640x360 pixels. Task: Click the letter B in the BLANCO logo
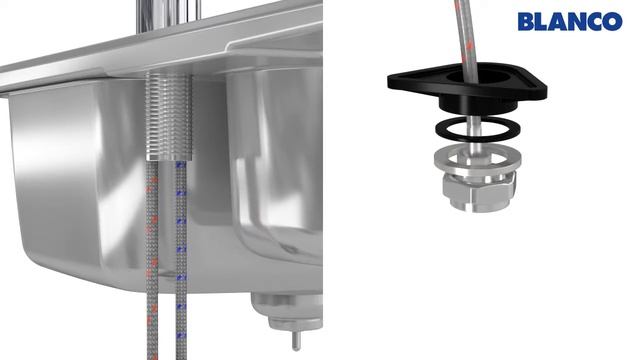(x=527, y=22)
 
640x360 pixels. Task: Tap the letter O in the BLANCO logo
(x=612, y=22)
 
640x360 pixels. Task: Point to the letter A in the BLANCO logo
(x=555, y=22)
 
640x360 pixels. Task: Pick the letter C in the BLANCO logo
(x=593, y=22)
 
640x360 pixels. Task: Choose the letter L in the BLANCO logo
(x=541, y=22)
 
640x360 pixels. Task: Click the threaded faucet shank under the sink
(x=168, y=116)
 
